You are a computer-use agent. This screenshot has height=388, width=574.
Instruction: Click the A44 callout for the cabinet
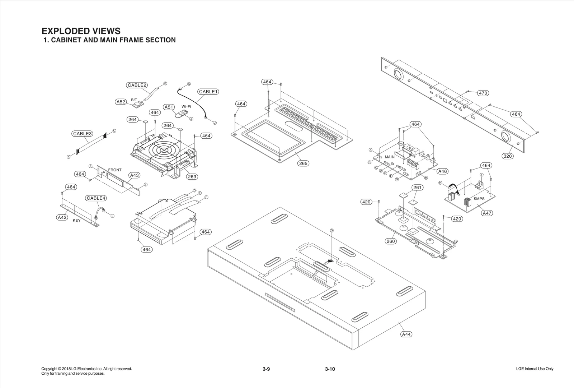(x=406, y=334)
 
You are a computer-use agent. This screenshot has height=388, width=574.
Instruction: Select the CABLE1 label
(x=208, y=92)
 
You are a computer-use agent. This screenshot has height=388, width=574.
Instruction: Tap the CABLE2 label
(x=137, y=85)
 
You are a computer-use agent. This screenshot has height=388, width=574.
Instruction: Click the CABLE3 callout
(x=83, y=134)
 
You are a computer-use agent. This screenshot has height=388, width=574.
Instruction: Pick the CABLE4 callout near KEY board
(x=96, y=198)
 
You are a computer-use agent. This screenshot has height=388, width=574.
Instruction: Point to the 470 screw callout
(x=483, y=93)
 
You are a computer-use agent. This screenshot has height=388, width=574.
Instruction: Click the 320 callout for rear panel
(x=508, y=156)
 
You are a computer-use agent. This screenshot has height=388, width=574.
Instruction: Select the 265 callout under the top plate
(x=303, y=163)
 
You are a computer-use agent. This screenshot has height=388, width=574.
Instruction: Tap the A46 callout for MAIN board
(x=443, y=171)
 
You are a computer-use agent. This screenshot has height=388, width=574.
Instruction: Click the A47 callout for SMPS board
(x=487, y=213)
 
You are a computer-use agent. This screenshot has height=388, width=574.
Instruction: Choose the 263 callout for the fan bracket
(x=192, y=177)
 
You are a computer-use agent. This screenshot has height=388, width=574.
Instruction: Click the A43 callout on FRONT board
(x=135, y=175)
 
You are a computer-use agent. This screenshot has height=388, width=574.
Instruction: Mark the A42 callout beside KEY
(x=62, y=217)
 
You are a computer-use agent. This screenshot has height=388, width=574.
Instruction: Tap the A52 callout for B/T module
(x=121, y=102)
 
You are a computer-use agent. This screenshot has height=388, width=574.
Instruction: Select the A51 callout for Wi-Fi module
(x=169, y=107)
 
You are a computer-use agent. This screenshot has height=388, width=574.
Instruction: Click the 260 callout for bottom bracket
(x=391, y=241)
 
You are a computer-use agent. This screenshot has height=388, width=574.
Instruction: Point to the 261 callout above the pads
(x=417, y=188)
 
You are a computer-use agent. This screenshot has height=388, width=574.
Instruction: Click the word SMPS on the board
(x=479, y=199)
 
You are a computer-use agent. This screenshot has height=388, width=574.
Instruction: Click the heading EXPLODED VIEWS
(x=81, y=31)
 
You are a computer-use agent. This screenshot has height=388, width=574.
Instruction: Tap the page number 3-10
(x=330, y=369)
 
